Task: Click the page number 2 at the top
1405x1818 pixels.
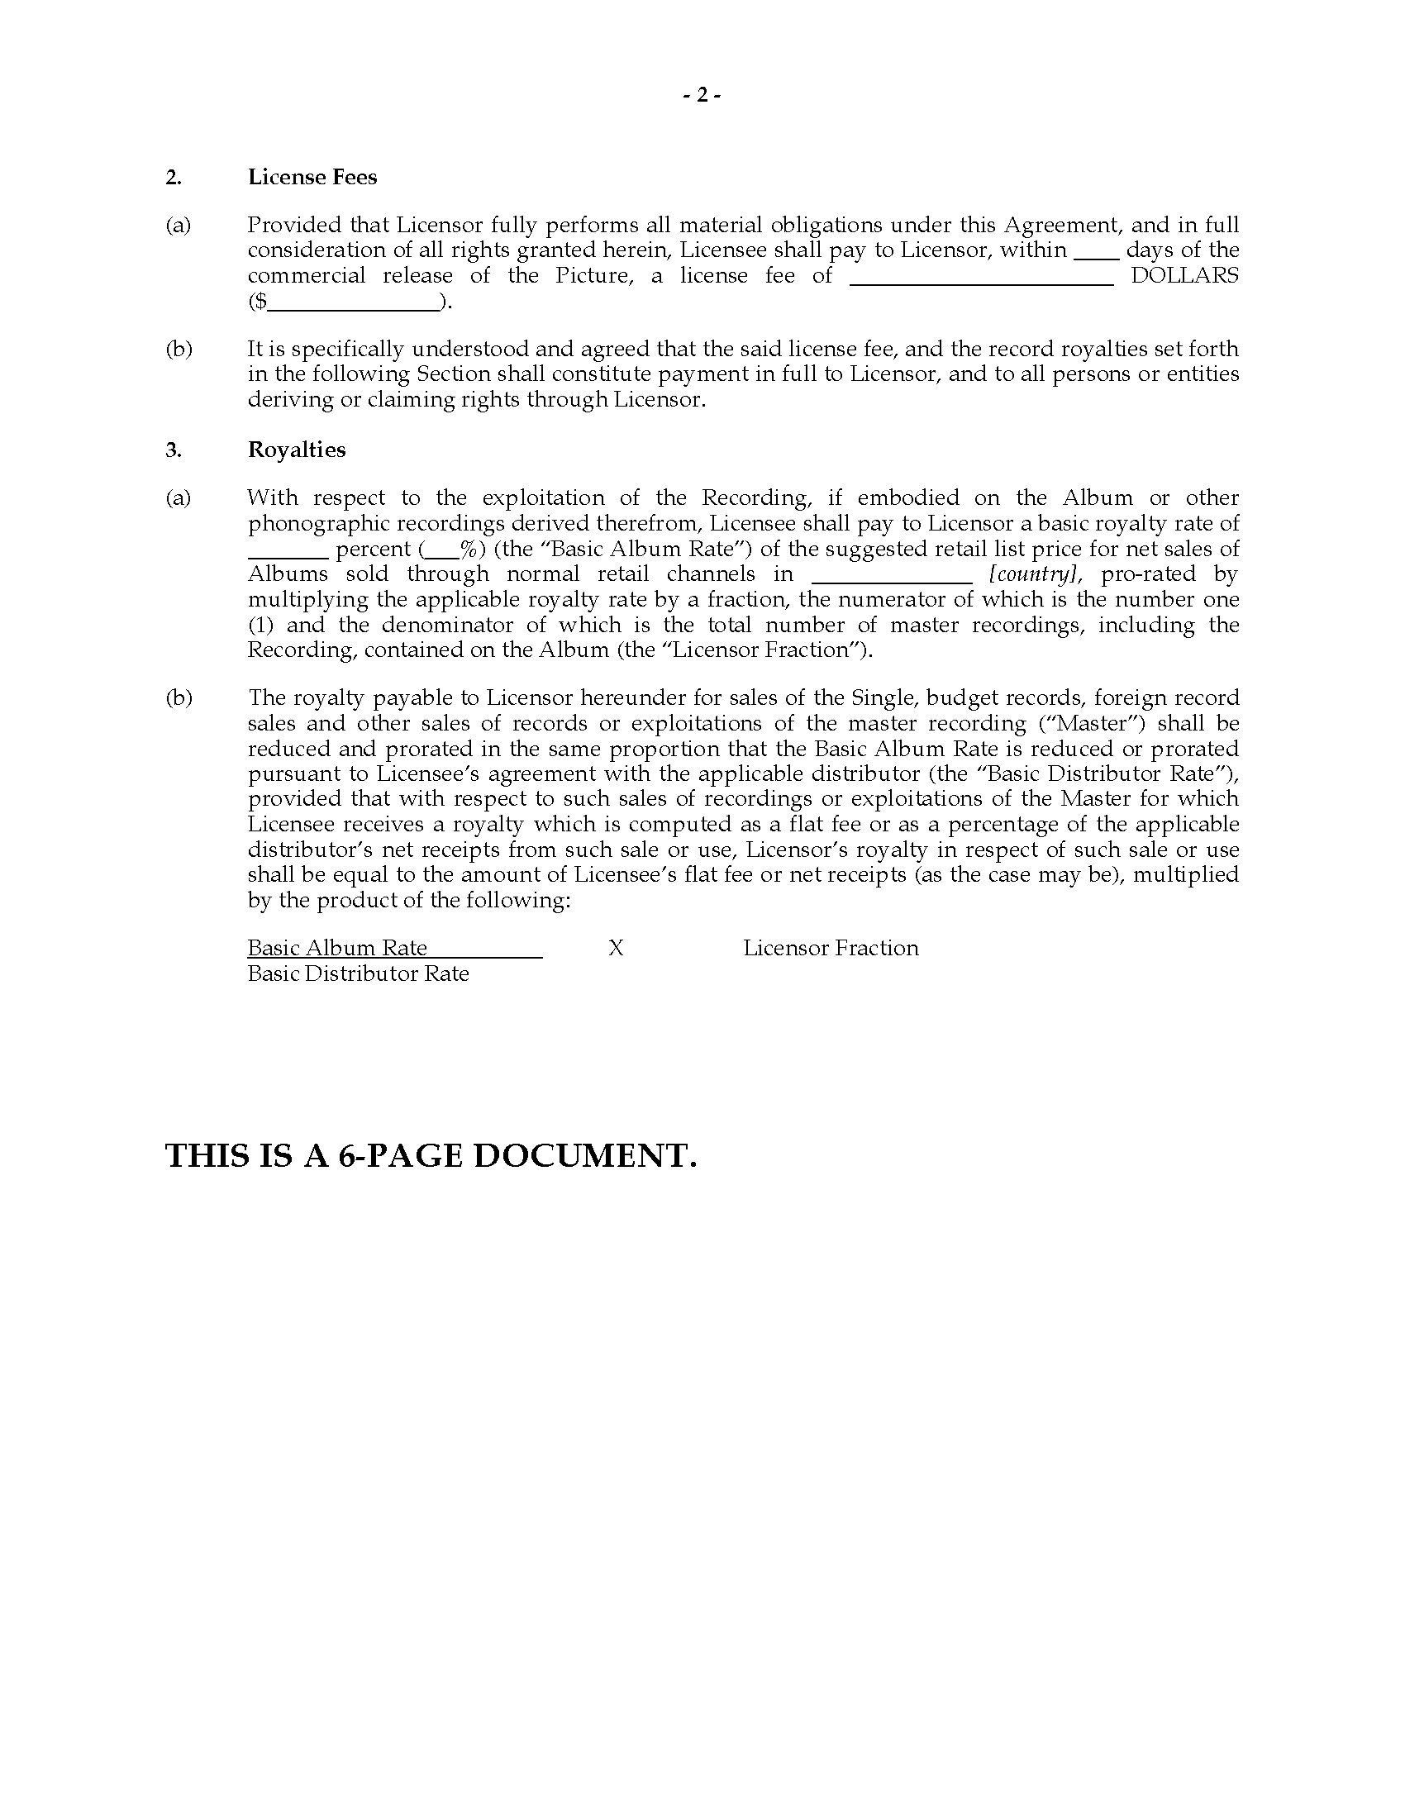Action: [702, 96]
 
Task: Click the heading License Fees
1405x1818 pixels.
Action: [312, 178]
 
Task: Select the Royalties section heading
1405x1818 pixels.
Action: [297, 450]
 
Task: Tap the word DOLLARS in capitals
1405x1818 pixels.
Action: [1184, 276]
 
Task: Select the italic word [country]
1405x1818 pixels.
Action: [1035, 574]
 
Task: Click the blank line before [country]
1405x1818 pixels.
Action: [891, 577]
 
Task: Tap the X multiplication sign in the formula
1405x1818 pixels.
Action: [616, 948]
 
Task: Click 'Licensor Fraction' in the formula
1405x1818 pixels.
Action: [831, 948]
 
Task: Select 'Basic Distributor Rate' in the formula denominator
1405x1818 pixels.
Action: [358, 974]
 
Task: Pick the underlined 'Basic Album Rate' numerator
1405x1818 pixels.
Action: [337, 948]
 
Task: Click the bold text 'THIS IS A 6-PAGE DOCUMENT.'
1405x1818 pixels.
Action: [431, 1156]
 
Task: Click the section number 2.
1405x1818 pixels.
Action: [172, 178]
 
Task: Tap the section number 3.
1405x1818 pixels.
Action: [172, 450]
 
